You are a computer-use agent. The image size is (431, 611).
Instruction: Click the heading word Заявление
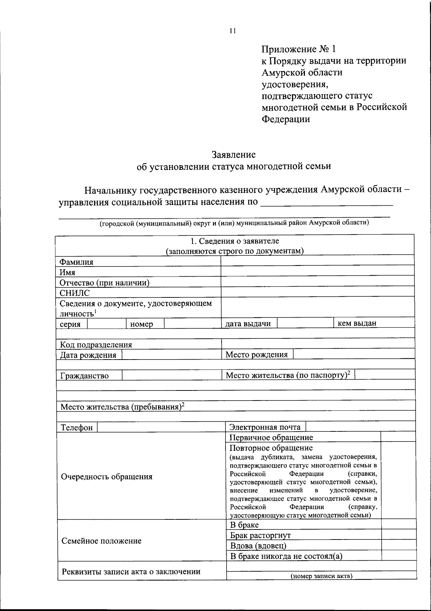(x=233, y=155)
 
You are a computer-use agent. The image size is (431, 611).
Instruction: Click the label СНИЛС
(x=75, y=293)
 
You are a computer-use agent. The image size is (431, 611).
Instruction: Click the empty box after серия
(x=107, y=323)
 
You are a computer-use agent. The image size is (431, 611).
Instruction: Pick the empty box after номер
(x=192, y=323)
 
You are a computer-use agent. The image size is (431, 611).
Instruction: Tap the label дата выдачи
(x=248, y=323)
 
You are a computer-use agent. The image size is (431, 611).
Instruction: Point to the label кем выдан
(x=357, y=323)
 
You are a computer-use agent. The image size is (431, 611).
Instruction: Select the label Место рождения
(x=256, y=355)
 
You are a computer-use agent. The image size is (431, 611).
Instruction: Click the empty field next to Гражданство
(x=172, y=375)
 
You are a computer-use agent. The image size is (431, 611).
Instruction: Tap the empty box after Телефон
(x=161, y=427)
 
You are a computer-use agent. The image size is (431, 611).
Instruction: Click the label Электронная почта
(x=265, y=427)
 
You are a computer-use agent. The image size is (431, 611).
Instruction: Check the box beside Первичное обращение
(x=398, y=437)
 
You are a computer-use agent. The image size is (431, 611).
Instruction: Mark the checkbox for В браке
(x=398, y=524)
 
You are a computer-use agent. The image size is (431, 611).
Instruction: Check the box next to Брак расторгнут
(x=398, y=535)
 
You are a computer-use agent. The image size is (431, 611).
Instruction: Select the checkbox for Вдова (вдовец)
(x=398, y=545)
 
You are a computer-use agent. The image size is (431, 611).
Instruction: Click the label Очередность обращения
(x=107, y=477)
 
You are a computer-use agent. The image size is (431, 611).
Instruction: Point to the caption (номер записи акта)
(x=321, y=576)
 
